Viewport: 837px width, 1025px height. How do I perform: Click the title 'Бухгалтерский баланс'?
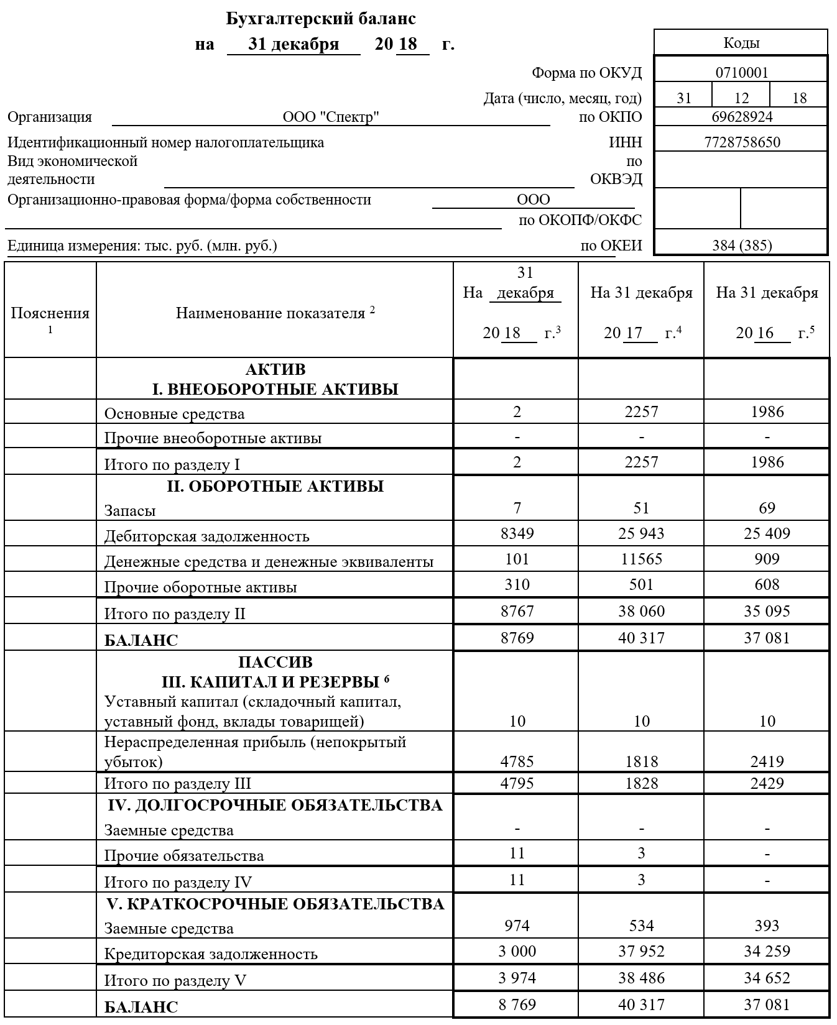pyautogui.click(x=321, y=19)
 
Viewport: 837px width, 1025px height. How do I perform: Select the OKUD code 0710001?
pyautogui.click(x=741, y=73)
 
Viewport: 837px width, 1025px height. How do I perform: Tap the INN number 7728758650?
pyautogui.click(x=742, y=142)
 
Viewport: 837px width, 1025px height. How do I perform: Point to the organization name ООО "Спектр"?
pyautogui.click(x=331, y=117)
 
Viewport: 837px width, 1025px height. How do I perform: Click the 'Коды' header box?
pyautogui.click(x=741, y=43)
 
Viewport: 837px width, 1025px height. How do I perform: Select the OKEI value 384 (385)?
pyautogui.click(x=742, y=246)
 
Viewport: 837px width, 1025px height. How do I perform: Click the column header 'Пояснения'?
pyautogui.click(x=50, y=313)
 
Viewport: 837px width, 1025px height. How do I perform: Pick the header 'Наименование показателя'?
pyautogui.click(x=271, y=313)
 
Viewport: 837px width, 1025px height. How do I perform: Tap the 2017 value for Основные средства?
pyautogui.click(x=641, y=411)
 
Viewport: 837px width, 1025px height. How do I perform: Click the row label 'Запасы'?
pyautogui.click(x=130, y=511)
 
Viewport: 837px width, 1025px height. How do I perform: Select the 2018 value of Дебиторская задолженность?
pyautogui.click(x=517, y=533)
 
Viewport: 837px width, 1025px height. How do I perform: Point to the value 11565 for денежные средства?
pyautogui.click(x=641, y=559)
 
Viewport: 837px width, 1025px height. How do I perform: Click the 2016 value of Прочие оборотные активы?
pyautogui.click(x=767, y=584)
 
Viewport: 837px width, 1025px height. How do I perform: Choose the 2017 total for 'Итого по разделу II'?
pyautogui.click(x=641, y=611)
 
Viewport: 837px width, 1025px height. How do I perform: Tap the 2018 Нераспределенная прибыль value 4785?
pyautogui.click(x=517, y=761)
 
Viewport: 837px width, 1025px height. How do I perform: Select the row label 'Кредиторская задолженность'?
pyautogui.click(x=211, y=954)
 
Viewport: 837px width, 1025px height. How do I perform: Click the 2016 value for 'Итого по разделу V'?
pyautogui.click(x=767, y=978)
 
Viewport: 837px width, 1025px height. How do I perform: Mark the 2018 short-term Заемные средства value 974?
pyautogui.click(x=517, y=926)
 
